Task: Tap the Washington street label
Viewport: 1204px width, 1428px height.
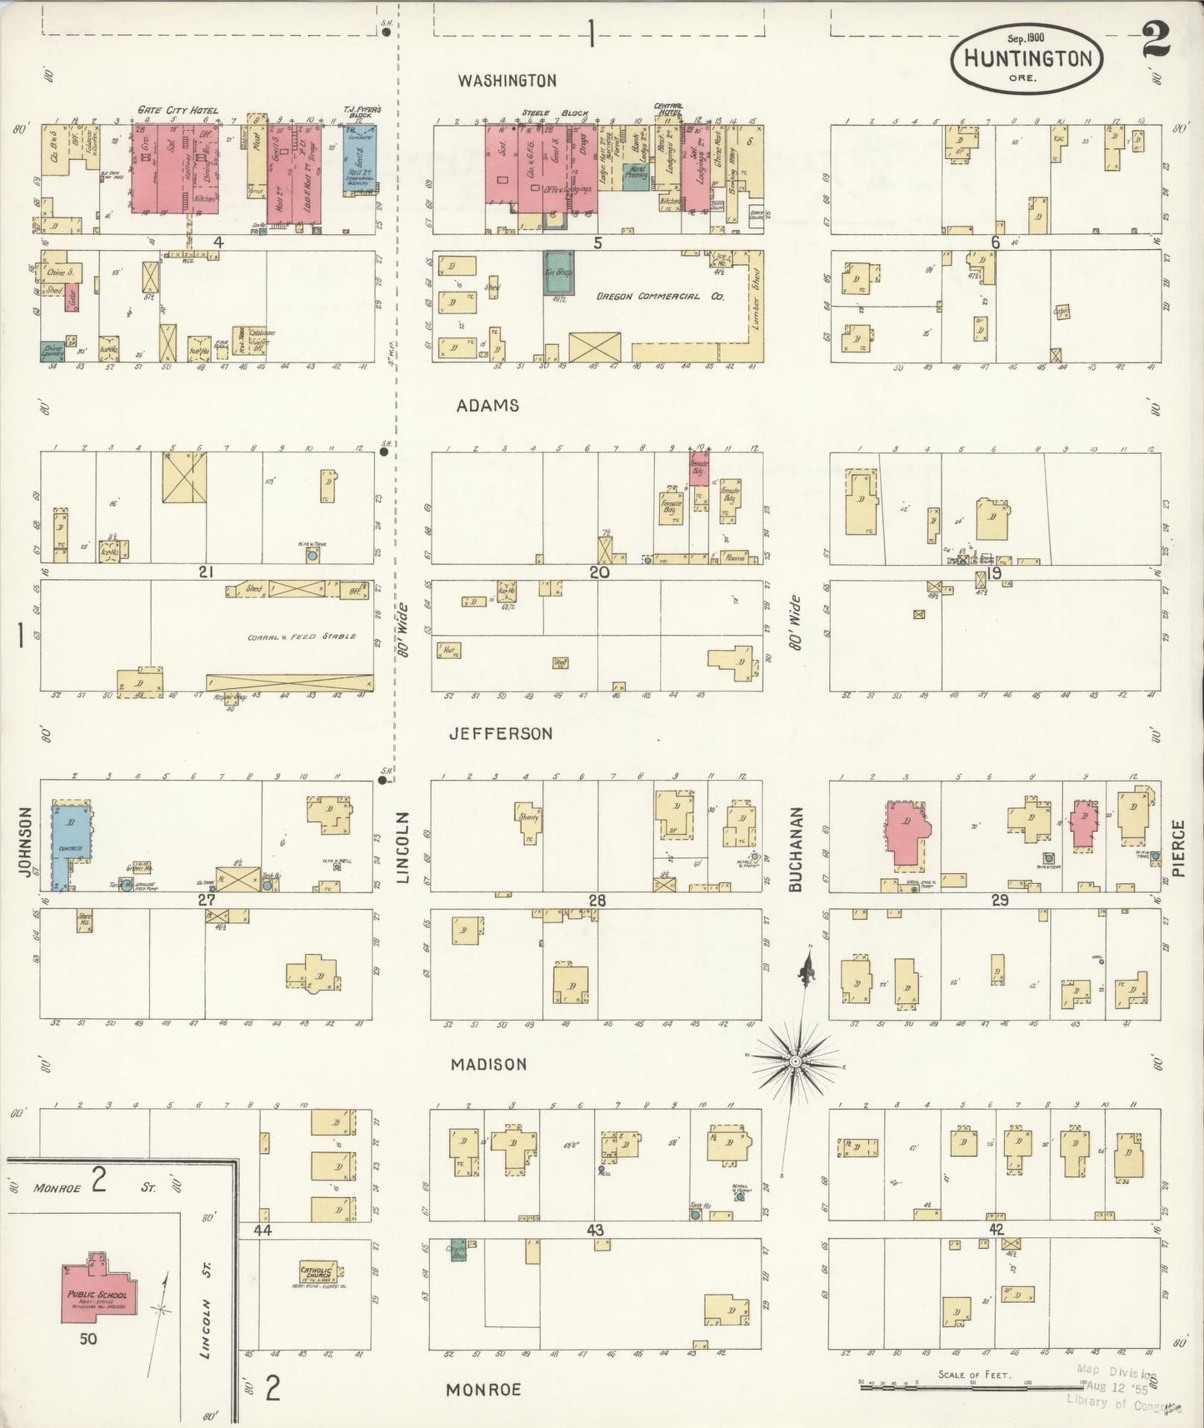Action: tap(507, 81)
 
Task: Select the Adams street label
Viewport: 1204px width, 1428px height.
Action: tap(487, 406)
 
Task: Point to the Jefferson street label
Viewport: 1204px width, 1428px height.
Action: tap(500, 734)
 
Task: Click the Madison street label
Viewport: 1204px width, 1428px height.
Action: tap(488, 1065)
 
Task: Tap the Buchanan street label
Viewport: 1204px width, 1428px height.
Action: tap(795, 849)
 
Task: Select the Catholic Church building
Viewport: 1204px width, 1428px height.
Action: tap(317, 1274)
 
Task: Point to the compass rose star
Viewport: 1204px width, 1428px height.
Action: tap(795, 1061)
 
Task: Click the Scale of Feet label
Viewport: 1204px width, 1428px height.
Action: tap(974, 1375)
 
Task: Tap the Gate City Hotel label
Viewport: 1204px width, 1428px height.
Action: tap(178, 111)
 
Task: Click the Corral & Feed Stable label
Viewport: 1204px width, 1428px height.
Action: tap(301, 637)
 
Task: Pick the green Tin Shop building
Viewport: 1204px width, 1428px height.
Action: tap(557, 272)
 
